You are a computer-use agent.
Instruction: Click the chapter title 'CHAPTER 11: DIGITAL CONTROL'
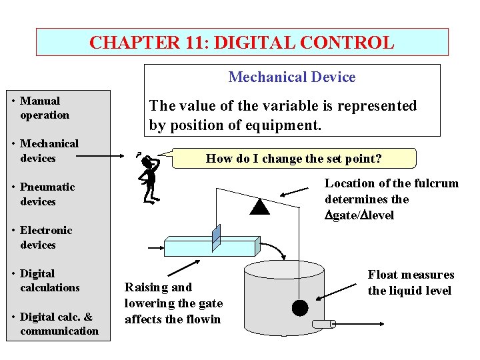[x=241, y=43]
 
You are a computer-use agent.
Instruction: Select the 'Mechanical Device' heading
[x=292, y=77]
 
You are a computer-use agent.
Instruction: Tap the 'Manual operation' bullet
[x=45, y=108]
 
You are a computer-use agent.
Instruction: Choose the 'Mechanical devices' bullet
[x=49, y=151]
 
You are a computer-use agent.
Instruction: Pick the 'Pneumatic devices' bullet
[x=47, y=194]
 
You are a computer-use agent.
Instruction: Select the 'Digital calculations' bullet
[x=49, y=281]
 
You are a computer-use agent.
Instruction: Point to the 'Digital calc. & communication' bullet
[x=59, y=324]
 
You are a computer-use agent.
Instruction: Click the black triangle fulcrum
[x=259, y=207]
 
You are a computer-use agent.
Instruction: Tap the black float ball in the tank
[x=300, y=307]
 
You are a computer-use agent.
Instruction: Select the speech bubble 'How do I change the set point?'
[x=293, y=159]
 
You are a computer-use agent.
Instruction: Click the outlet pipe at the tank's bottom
[x=323, y=324]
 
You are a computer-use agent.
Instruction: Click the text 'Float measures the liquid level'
[x=410, y=283]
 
